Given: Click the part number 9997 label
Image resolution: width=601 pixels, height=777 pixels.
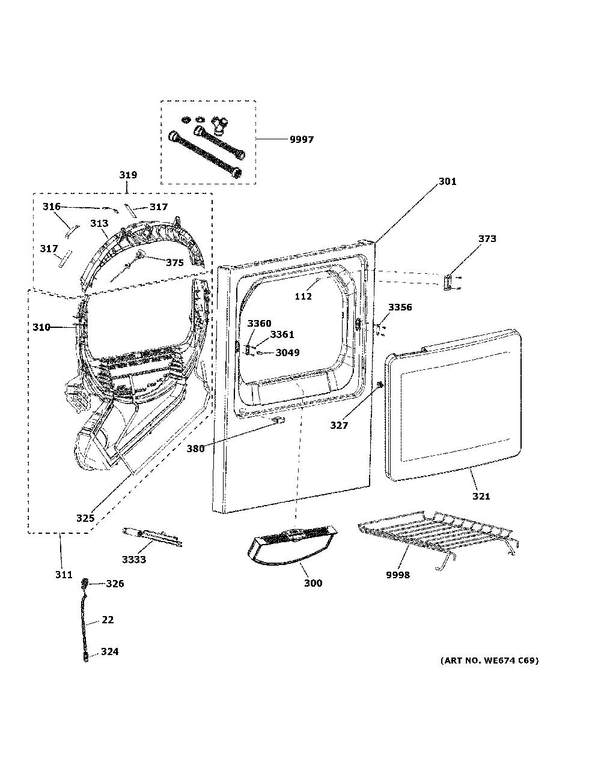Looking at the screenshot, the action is (x=302, y=139).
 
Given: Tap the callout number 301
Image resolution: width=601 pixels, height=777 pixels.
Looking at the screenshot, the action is (x=448, y=182).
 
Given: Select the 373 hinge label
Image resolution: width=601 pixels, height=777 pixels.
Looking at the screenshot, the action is (x=487, y=238).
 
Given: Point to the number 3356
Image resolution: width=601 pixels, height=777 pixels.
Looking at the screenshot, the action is (x=400, y=307).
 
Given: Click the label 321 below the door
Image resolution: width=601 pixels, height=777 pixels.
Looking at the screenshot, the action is (x=481, y=497).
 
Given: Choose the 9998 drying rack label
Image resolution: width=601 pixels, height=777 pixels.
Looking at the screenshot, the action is (x=398, y=575).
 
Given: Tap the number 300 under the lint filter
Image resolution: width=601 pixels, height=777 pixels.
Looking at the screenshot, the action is (x=313, y=583).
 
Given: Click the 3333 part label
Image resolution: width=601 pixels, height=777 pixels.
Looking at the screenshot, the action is (x=134, y=559).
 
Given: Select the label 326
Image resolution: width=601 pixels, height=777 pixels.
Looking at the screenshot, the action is (x=115, y=584).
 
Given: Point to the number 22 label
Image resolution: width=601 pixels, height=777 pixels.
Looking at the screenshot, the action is (x=108, y=620).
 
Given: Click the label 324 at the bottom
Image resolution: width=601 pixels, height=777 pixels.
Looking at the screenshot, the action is (x=109, y=652).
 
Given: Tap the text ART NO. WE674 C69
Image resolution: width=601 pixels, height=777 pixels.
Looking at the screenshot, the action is (x=489, y=660).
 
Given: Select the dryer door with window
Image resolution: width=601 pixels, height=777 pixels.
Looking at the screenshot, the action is (x=453, y=405).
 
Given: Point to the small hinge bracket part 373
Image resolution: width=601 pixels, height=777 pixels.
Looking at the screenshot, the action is (x=448, y=282).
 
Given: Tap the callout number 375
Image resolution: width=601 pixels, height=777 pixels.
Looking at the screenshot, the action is (x=174, y=263).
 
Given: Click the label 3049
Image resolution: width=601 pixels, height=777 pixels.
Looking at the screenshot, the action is (x=288, y=352).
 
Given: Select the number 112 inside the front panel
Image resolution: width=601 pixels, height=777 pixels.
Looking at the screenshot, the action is (x=304, y=296).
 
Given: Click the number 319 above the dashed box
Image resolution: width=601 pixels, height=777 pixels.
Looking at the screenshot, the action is (x=128, y=175).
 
